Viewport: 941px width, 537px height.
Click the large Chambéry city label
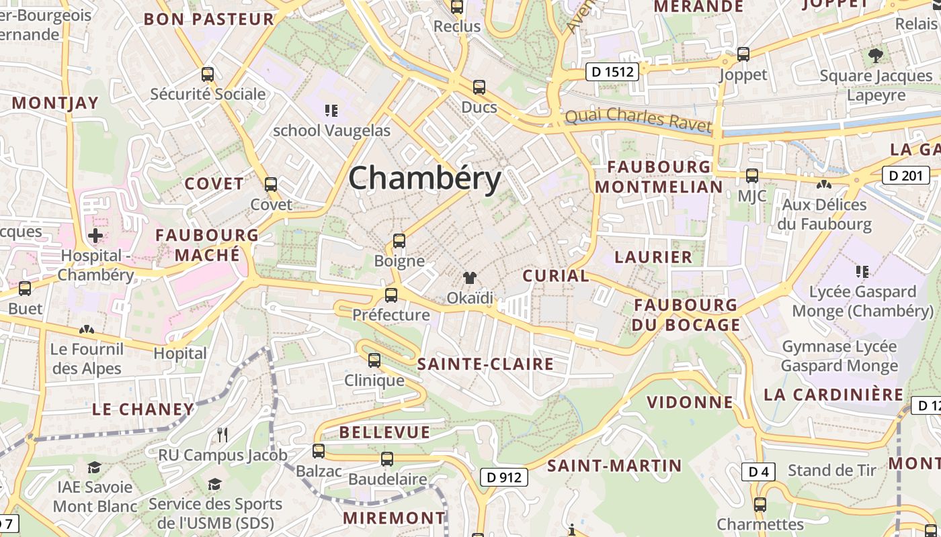(x=425, y=179)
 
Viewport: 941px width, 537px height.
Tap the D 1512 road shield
(x=611, y=71)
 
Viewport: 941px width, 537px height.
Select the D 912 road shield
(x=503, y=477)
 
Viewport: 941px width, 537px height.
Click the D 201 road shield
(x=905, y=176)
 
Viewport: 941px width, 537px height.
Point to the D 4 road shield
(x=758, y=472)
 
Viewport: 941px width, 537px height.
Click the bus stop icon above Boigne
(x=399, y=241)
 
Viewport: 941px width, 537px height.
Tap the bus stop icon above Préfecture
(x=391, y=295)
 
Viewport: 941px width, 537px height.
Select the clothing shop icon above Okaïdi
(x=470, y=278)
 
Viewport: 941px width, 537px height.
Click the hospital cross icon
(x=95, y=236)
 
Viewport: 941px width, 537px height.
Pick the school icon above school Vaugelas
(x=331, y=110)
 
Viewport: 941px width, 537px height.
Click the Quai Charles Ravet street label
(x=638, y=119)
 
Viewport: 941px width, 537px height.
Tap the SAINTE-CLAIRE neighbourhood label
(x=485, y=364)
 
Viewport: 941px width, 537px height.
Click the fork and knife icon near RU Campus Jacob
(x=222, y=435)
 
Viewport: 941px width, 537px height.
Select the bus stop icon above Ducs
(x=479, y=87)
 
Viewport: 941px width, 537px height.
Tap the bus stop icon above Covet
(x=271, y=184)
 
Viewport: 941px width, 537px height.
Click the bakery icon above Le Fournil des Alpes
(x=86, y=329)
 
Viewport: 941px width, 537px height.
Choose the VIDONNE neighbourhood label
(x=690, y=402)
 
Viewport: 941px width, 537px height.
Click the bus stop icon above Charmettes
(x=760, y=504)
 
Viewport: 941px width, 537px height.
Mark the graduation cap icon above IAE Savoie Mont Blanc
(x=95, y=467)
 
